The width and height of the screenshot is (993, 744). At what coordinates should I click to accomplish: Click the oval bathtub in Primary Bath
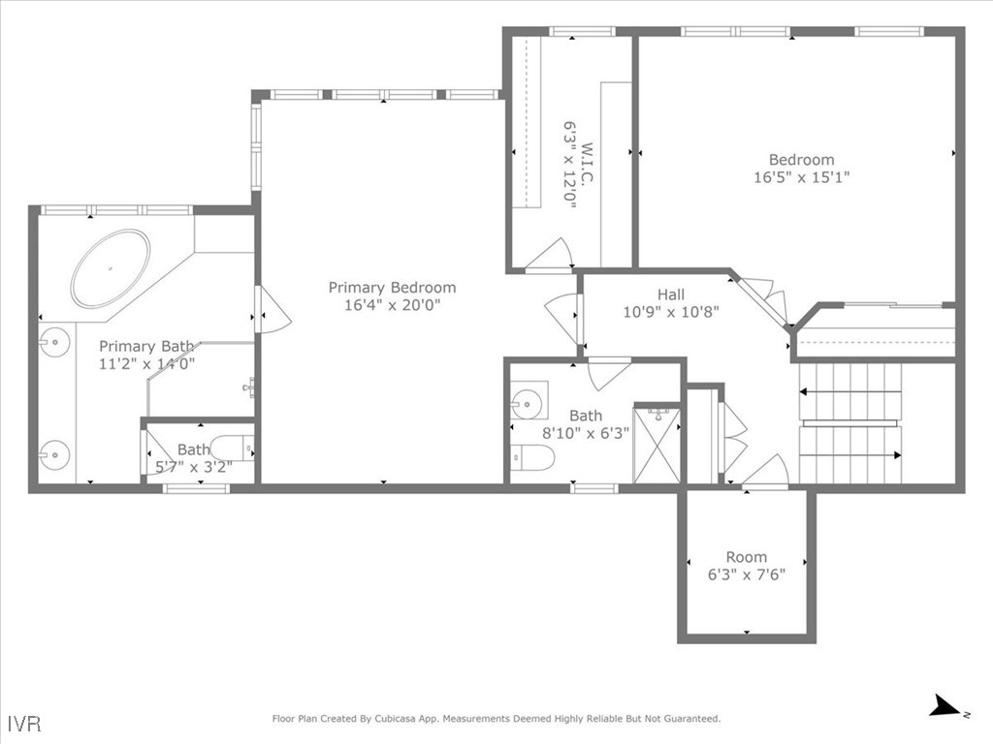pyautogui.click(x=111, y=268)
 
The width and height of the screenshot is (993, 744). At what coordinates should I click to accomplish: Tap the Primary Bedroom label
pyautogui.click(x=392, y=288)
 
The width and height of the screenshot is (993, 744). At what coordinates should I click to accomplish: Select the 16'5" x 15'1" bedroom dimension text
pyautogui.click(x=802, y=177)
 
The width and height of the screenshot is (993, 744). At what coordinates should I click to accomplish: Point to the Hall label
pyautogui.click(x=670, y=294)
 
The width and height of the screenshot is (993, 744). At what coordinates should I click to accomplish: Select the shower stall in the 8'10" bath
pyautogui.click(x=657, y=445)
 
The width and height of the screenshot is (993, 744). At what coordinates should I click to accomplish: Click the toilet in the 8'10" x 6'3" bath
pyautogui.click(x=533, y=457)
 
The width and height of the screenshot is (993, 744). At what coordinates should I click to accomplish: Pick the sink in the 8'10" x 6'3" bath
pyautogui.click(x=529, y=400)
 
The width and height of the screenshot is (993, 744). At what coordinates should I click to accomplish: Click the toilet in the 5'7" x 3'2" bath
pyautogui.click(x=231, y=448)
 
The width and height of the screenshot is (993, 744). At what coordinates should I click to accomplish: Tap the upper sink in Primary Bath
pyautogui.click(x=56, y=342)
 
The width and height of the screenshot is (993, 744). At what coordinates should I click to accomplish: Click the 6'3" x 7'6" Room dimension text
pyautogui.click(x=746, y=574)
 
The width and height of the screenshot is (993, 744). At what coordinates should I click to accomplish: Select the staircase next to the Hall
pyautogui.click(x=850, y=423)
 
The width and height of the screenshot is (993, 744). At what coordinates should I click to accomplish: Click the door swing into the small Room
pyautogui.click(x=766, y=472)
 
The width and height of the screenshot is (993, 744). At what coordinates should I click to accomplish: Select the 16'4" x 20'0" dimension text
pyautogui.click(x=392, y=305)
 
